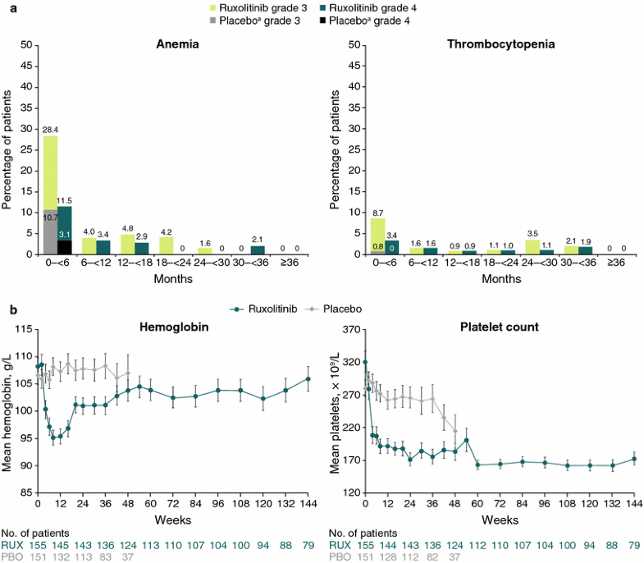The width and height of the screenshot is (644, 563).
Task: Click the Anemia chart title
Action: pyautogui.click(x=177, y=44)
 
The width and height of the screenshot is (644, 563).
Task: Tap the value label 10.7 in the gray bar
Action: pyautogui.click(x=50, y=217)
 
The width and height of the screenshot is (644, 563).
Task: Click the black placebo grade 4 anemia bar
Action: pyautogui.click(x=64, y=247)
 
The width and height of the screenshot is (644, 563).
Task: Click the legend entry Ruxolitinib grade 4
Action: pyautogui.click(x=389, y=7)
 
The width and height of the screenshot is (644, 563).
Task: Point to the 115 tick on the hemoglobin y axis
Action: pyautogui.click(x=21, y=329)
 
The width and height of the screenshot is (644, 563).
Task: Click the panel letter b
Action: pyautogui.click(x=13, y=309)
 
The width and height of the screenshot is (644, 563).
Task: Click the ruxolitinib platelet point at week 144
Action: pyautogui.click(x=634, y=460)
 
